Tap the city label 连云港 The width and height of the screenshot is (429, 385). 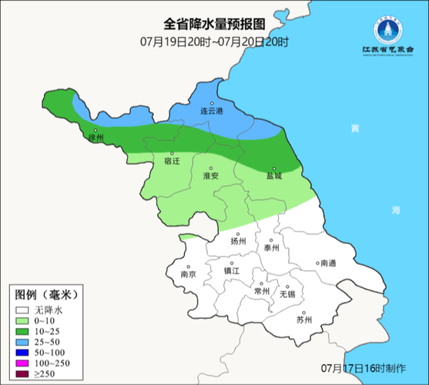pyautogui.click(x=211, y=112)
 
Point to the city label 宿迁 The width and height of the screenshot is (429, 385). pyautogui.click(x=171, y=162)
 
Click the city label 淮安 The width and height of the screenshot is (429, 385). pyautogui.click(x=210, y=176)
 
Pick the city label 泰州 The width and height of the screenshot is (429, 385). pyautogui.click(x=271, y=248)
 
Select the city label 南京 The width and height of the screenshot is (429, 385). pyautogui.click(x=187, y=274)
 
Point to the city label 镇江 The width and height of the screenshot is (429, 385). pyautogui.click(x=232, y=271)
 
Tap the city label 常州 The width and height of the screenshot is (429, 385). pyautogui.click(x=262, y=292)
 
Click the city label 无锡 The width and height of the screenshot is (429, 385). pyautogui.click(x=287, y=294)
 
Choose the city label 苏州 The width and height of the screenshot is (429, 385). pyautogui.click(x=304, y=320)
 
